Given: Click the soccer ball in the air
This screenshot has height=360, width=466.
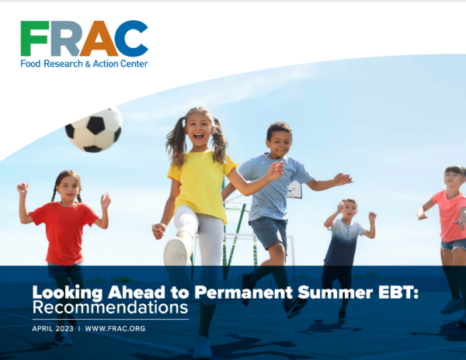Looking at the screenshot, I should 93,130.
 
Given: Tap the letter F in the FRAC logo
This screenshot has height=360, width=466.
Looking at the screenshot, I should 34,39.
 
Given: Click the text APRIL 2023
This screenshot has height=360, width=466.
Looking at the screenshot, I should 53,329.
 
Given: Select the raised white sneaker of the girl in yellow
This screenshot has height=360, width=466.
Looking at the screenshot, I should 176,251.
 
